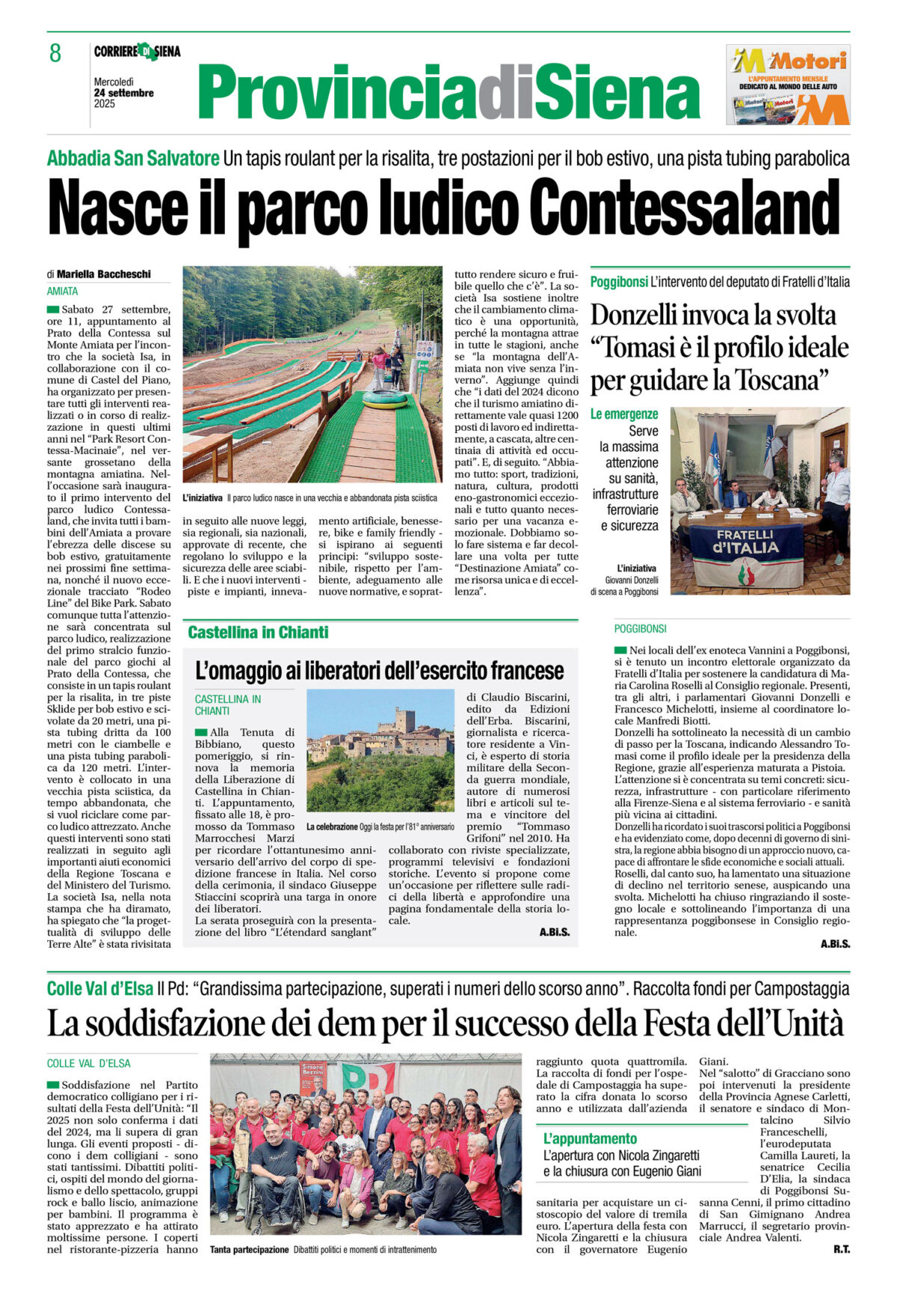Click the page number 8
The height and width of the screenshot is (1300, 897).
coord(55,54)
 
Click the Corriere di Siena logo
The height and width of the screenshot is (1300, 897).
coord(137,52)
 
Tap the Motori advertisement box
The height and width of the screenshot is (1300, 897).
coord(787,85)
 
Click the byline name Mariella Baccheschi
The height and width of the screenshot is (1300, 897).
coord(103,275)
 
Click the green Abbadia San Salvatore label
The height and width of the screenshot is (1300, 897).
coord(133,159)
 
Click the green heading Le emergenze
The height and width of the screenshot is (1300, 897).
coord(624,414)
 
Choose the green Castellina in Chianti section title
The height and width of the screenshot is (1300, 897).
coord(258,633)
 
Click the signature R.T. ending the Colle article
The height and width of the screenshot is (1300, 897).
coord(841,1249)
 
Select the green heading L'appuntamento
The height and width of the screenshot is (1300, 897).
coord(590,1138)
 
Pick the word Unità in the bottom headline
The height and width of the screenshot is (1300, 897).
coord(807,1023)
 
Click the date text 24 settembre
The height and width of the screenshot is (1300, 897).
coord(124,93)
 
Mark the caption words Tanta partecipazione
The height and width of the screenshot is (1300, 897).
coord(249,1250)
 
